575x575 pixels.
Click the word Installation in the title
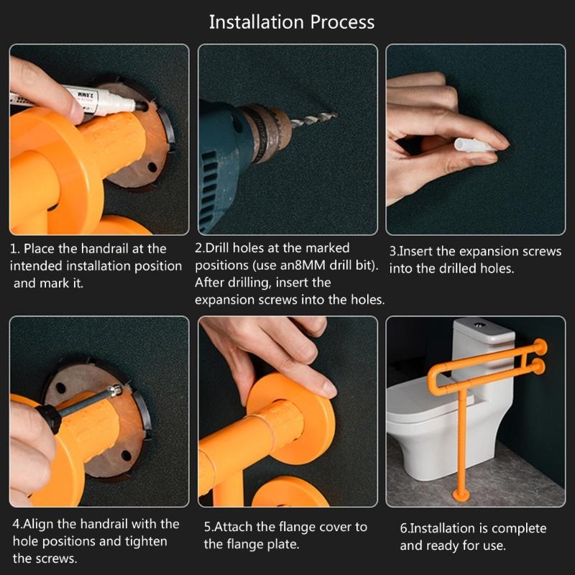(x=257, y=22)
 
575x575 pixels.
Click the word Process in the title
(x=343, y=22)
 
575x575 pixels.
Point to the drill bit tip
(x=336, y=115)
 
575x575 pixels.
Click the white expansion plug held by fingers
(x=473, y=146)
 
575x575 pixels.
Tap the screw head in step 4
(x=116, y=390)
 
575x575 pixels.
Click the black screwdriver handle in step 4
(x=49, y=418)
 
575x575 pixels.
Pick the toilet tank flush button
(x=478, y=325)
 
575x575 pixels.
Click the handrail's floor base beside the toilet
(x=461, y=495)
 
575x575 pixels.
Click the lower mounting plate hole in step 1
(x=152, y=168)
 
